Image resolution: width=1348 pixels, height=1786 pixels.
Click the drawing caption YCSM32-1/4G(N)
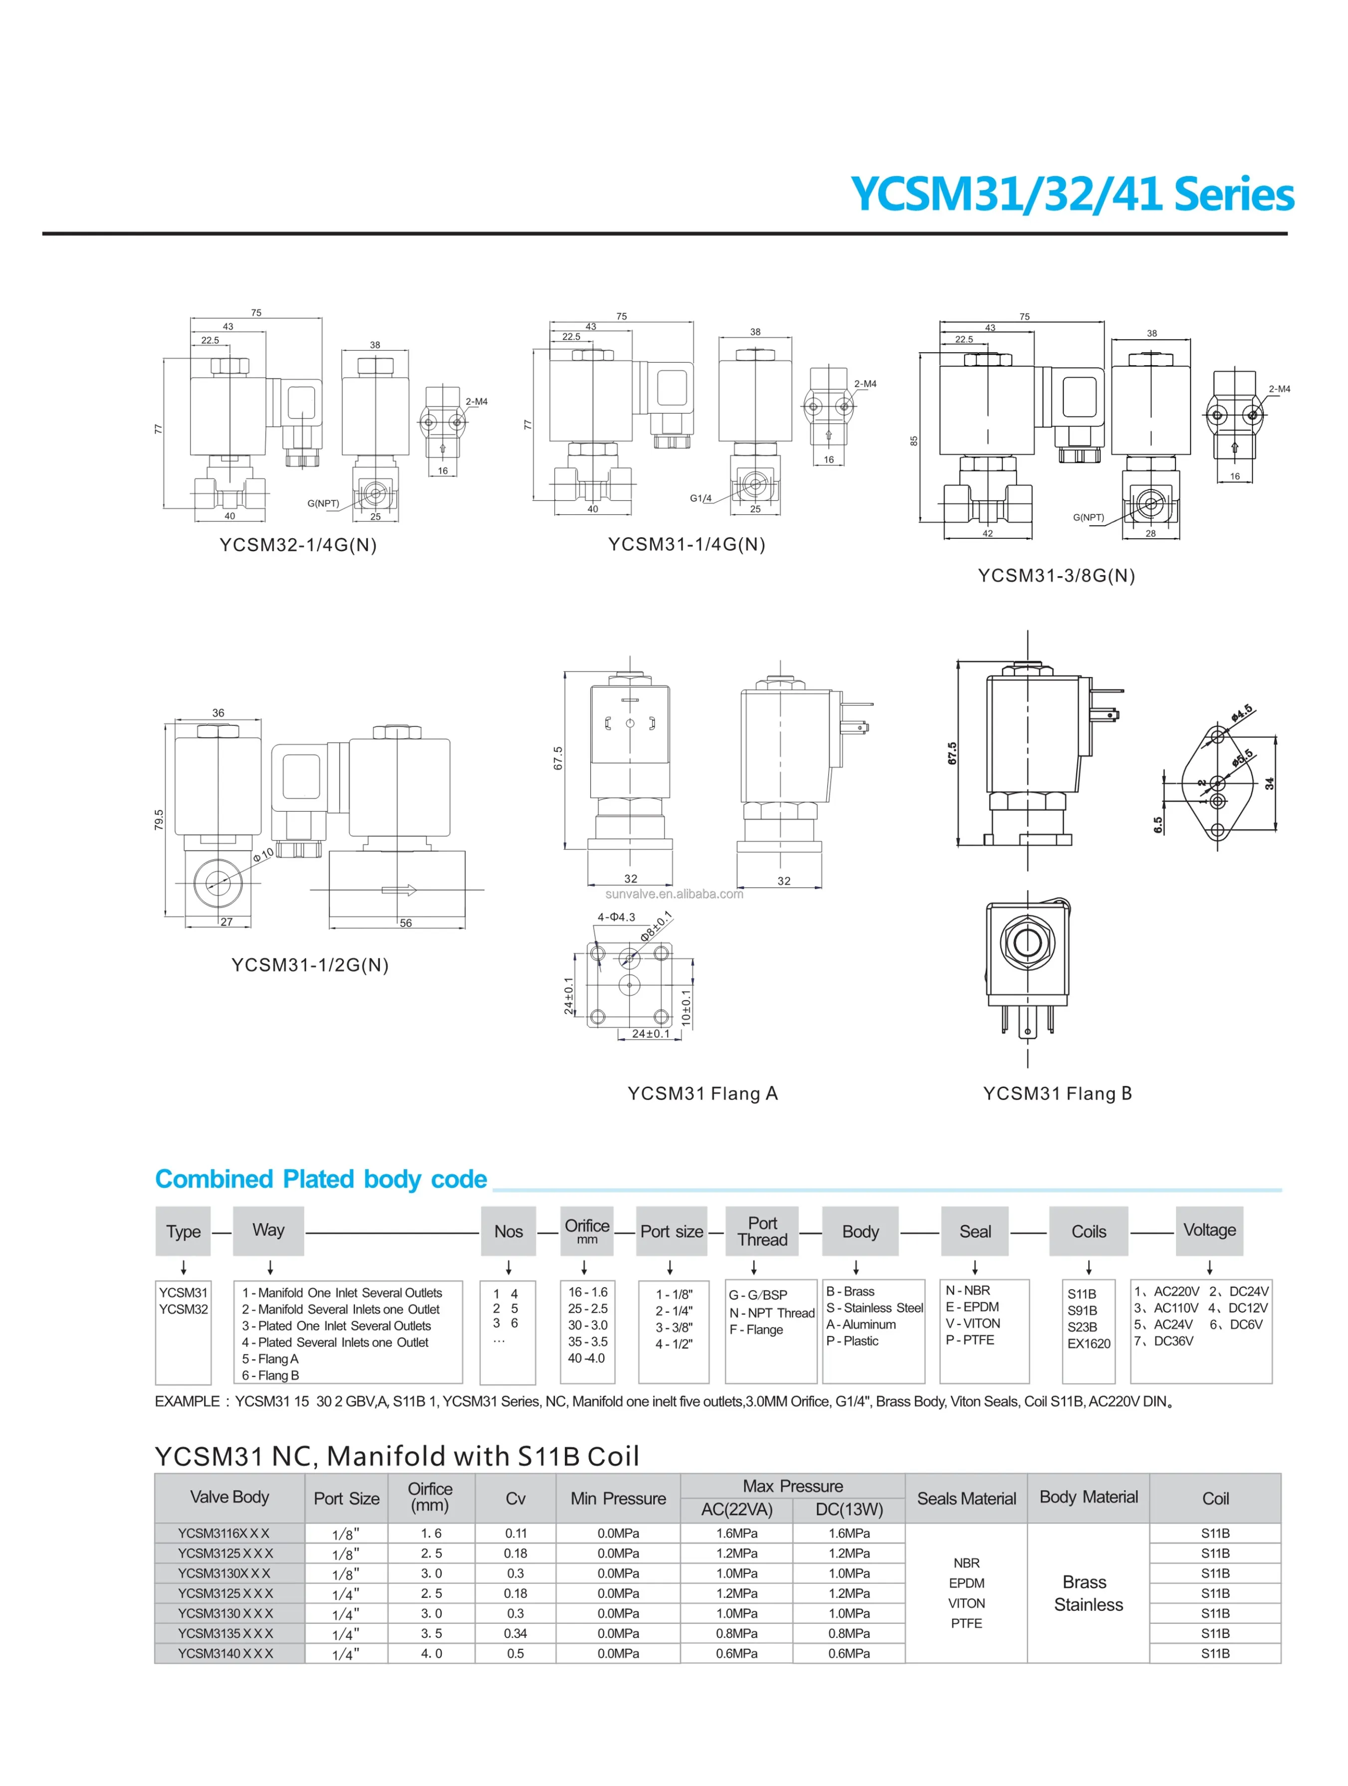click(298, 545)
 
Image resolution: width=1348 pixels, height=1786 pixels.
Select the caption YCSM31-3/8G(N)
click(1056, 576)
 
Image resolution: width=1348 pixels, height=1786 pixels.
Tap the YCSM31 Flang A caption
click(702, 1094)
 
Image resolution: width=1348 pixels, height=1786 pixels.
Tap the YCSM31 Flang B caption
click(1057, 1094)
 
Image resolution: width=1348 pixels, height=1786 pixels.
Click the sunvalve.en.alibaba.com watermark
click(674, 894)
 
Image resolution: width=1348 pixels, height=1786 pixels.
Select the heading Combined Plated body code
click(320, 1180)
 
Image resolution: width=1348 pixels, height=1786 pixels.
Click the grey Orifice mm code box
click(587, 1231)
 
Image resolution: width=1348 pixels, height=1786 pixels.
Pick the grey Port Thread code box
click(762, 1231)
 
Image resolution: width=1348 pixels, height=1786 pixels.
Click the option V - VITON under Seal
click(973, 1324)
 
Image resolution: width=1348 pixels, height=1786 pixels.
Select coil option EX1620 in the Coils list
click(1088, 1343)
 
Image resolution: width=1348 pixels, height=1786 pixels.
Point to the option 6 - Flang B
click(270, 1376)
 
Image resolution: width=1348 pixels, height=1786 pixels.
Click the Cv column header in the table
click(515, 1499)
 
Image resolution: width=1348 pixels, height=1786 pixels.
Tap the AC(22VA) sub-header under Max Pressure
click(736, 1510)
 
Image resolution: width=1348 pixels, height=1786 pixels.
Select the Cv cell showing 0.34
click(515, 1633)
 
